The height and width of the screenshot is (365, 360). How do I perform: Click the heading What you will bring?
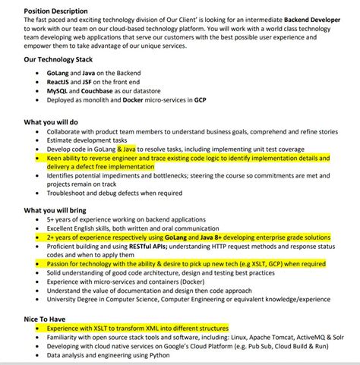point(55,209)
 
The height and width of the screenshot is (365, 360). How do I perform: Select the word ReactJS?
point(57,80)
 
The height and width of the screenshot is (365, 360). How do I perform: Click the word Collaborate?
point(66,131)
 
